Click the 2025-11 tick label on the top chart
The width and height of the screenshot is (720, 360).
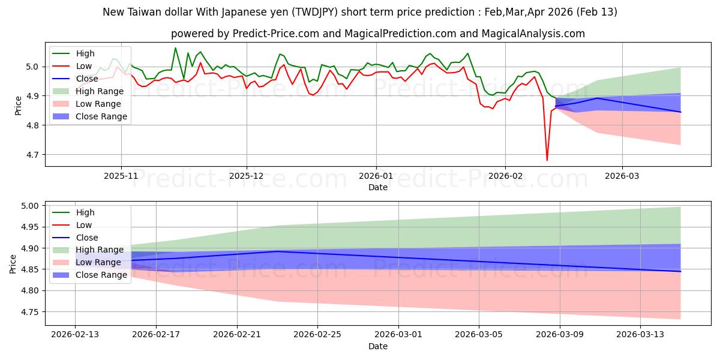[x=121, y=176]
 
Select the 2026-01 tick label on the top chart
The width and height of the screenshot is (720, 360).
[x=376, y=176]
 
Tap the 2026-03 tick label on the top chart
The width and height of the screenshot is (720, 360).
[x=622, y=176]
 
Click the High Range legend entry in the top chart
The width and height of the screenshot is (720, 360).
[x=100, y=91]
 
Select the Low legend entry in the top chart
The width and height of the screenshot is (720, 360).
[x=84, y=66]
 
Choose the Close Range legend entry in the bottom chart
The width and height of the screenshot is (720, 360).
[x=101, y=275]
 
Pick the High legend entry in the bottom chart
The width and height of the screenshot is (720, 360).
[x=85, y=212]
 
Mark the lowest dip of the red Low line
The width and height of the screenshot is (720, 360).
[x=547, y=160]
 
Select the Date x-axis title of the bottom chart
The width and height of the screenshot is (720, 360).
[x=378, y=346]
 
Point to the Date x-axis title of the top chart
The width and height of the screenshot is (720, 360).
[x=378, y=187]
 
